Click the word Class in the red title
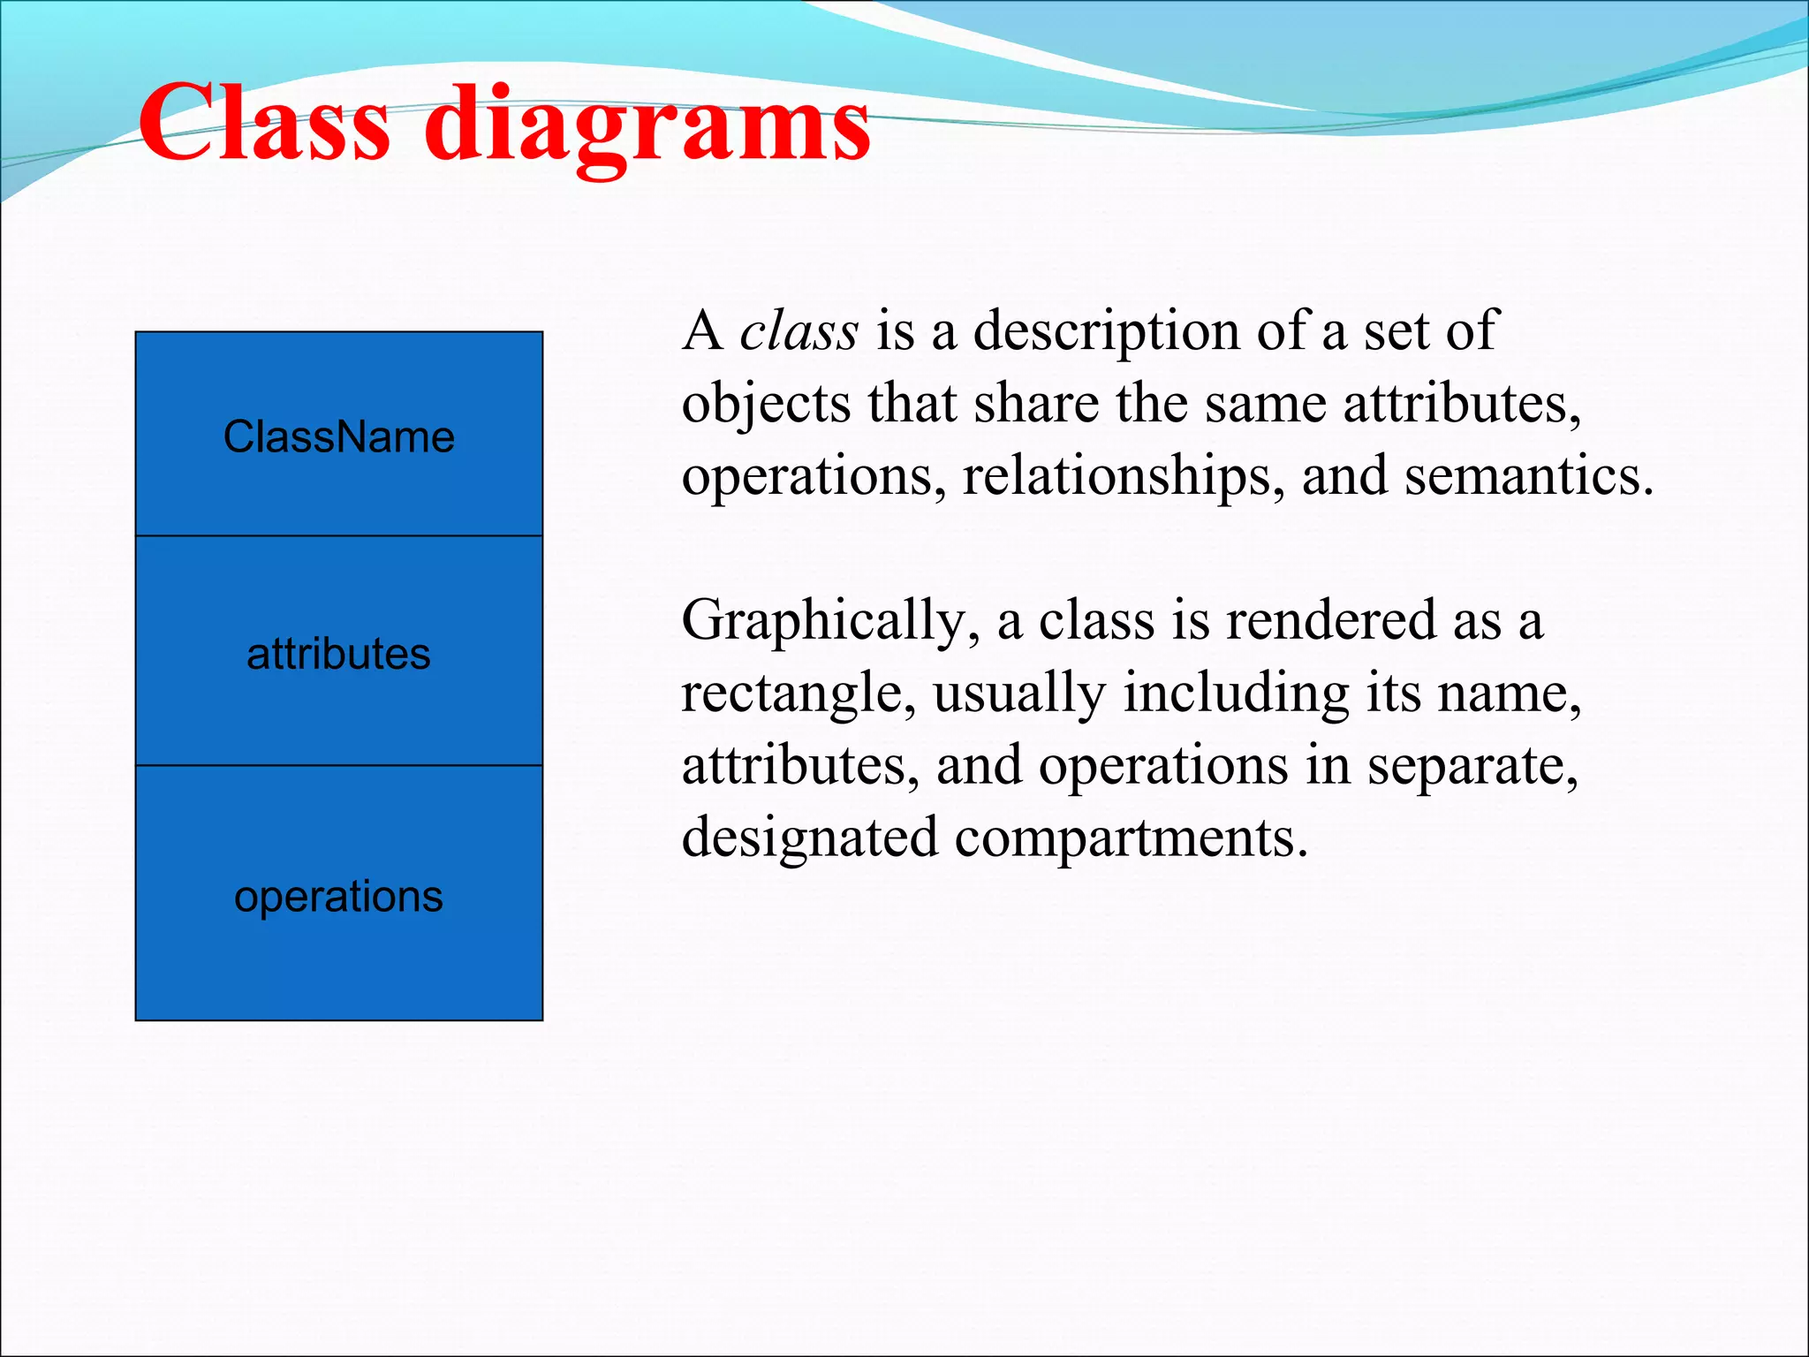click(263, 124)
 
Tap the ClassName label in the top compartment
click(338, 437)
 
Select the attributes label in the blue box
click(338, 655)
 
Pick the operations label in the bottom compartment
click(338, 897)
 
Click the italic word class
click(799, 331)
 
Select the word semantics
click(1528, 476)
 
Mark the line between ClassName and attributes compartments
click(338, 535)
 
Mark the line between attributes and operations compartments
click(338, 765)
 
